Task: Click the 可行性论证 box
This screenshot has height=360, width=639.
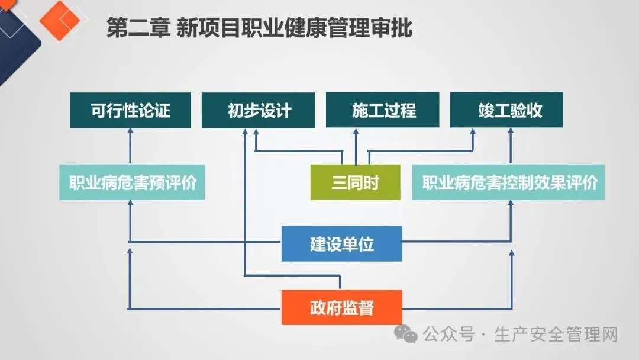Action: point(130,111)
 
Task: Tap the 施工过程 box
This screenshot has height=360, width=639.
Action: point(383,111)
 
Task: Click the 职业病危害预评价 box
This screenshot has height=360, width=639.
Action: point(132,182)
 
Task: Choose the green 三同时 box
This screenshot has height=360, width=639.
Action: point(356,182)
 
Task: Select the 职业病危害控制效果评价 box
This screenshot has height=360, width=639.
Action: point(509,182)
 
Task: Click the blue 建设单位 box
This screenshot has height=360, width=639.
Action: point(341,243)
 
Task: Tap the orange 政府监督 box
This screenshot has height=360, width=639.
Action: point(341,307)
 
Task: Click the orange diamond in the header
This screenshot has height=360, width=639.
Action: point(59,20)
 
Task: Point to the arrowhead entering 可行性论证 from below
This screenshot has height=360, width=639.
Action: point(130,133)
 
